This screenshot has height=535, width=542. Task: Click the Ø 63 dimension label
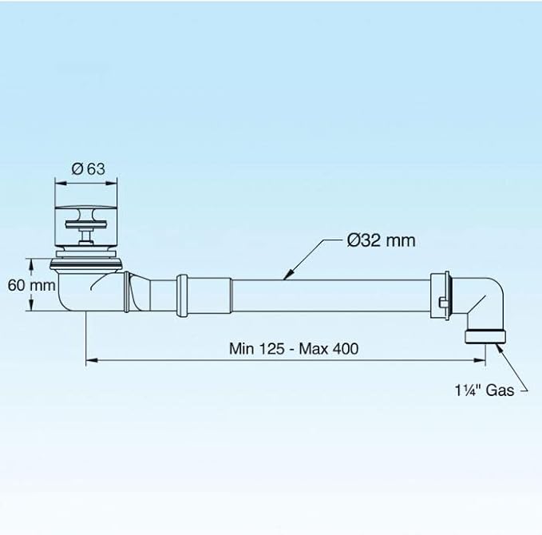point(88,169)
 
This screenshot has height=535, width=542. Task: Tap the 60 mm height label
point(31,285)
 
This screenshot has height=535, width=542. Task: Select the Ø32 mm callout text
point(381,240)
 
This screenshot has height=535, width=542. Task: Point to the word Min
point(242,349)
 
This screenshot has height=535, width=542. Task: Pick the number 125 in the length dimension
point(271,349)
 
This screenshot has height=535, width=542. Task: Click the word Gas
point(500,390)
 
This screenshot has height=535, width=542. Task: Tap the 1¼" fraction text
point(468,390)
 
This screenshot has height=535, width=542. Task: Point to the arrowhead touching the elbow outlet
point(499,348)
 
